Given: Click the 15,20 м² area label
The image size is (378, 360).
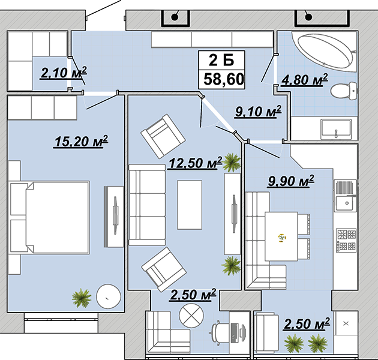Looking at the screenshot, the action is pyautogui.click(x=81, y=141).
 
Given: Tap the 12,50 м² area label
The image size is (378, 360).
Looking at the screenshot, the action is pyautogui.click(x=195, y=163).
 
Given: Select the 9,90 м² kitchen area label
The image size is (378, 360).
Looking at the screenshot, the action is pyautogui.click(x=291, y=181).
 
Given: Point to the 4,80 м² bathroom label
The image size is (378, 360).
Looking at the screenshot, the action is pyautogui.click(x=305, y=79).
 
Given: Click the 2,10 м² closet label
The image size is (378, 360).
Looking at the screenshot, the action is pyautogui.click(x=64, y=73).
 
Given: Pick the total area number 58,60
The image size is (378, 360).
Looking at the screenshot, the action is pyautogui.click(x=223, y=79).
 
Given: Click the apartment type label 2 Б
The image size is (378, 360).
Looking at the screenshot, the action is pyautogui.click(x=221, y=60).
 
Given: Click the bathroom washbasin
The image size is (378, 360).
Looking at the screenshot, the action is pyautogui.click(x=335, y=130).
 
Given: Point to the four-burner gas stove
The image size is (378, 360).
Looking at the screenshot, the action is pyautogui.click(x=347, y=240).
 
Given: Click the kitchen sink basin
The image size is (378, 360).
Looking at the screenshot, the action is pyautogui.click(x=347, y=203).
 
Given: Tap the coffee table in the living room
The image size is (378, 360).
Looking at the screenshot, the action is pyautogui.click(x=190, y=205).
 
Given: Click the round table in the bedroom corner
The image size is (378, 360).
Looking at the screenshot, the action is pyautogui.click(x=108, y=296).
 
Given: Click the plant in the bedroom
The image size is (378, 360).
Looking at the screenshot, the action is pyautogui.click(x=82, y=298).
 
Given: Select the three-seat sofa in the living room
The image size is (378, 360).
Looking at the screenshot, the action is pyautogui.click(x=147, y=205).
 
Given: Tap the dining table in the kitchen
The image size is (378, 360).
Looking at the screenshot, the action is pyautogui.click(x=281, y=236).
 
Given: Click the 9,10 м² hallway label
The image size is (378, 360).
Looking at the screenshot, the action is pyautogui.click(x=258, y=112).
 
